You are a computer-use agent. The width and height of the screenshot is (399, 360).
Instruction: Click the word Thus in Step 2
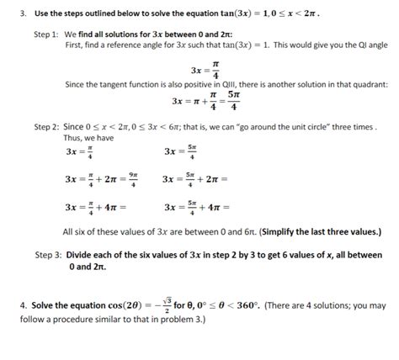(x=72, y=138)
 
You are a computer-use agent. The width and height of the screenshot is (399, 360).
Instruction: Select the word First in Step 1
(x=74, y=44)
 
